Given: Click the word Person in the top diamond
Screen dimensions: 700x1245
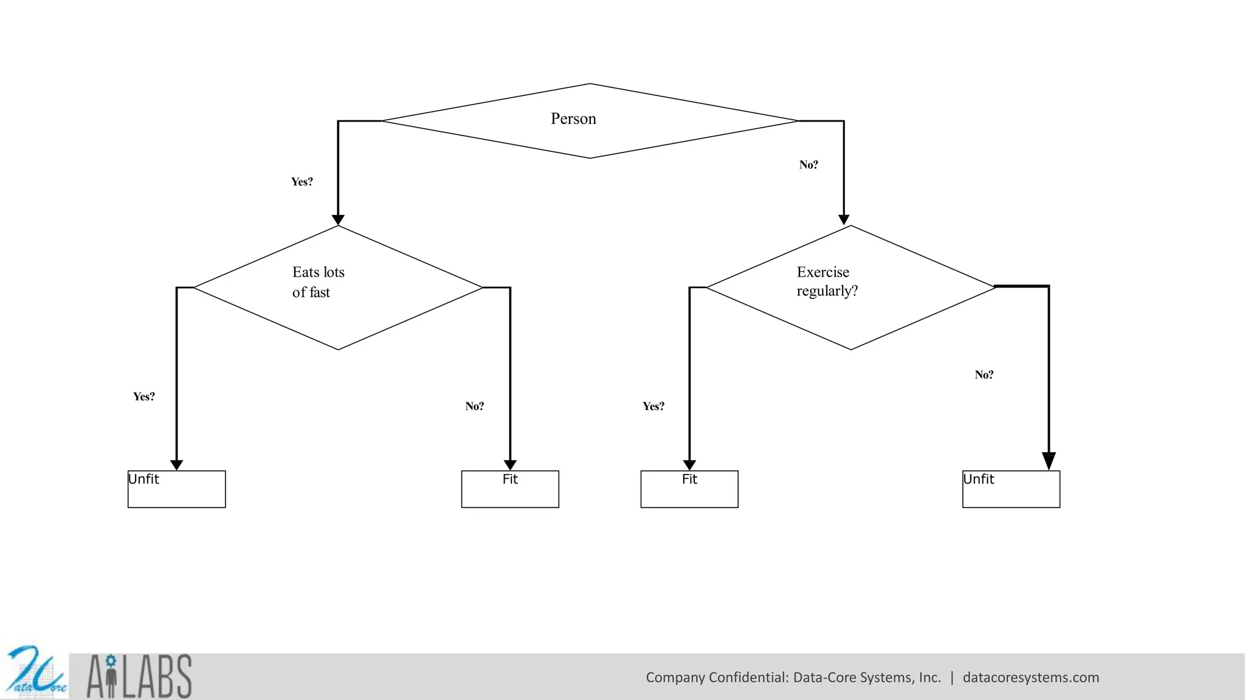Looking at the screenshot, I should click(573, 118).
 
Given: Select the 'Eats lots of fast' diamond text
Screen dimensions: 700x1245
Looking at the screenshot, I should click(318, 282).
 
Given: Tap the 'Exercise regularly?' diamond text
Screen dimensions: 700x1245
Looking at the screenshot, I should click(827, 281).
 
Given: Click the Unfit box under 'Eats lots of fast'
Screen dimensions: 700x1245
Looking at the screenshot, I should click(176, 489).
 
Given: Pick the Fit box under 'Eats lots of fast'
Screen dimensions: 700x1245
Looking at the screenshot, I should click(510, 489).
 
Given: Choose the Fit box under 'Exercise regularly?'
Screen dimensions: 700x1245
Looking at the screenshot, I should click(689, 489).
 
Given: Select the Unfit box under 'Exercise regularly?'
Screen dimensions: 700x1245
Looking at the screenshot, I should click(1011, 489).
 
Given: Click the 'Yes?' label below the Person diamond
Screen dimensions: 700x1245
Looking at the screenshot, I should click(302, 182).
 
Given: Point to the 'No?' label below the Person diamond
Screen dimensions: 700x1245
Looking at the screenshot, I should click(809, 165).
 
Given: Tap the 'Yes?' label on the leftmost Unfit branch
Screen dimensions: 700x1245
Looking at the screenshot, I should click(144, 397).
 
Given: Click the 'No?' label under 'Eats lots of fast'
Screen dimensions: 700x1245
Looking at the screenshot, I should click(474, 407).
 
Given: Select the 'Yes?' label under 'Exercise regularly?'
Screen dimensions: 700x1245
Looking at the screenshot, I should click(654, 407).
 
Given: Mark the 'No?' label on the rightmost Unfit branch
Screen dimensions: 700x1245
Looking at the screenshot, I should click(984, 375).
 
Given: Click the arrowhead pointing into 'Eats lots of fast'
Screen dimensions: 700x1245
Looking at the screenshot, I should click(338, 220).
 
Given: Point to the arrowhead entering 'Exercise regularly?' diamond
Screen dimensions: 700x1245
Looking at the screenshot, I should click(844, 220).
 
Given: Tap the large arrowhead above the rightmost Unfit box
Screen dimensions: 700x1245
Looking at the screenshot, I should click(1049, 461).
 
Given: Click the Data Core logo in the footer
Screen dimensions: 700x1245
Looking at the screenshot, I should click(35, 673).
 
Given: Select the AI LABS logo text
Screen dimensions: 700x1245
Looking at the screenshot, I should click(139, 676).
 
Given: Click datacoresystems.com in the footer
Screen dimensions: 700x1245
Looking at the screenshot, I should click(1030, 678).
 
